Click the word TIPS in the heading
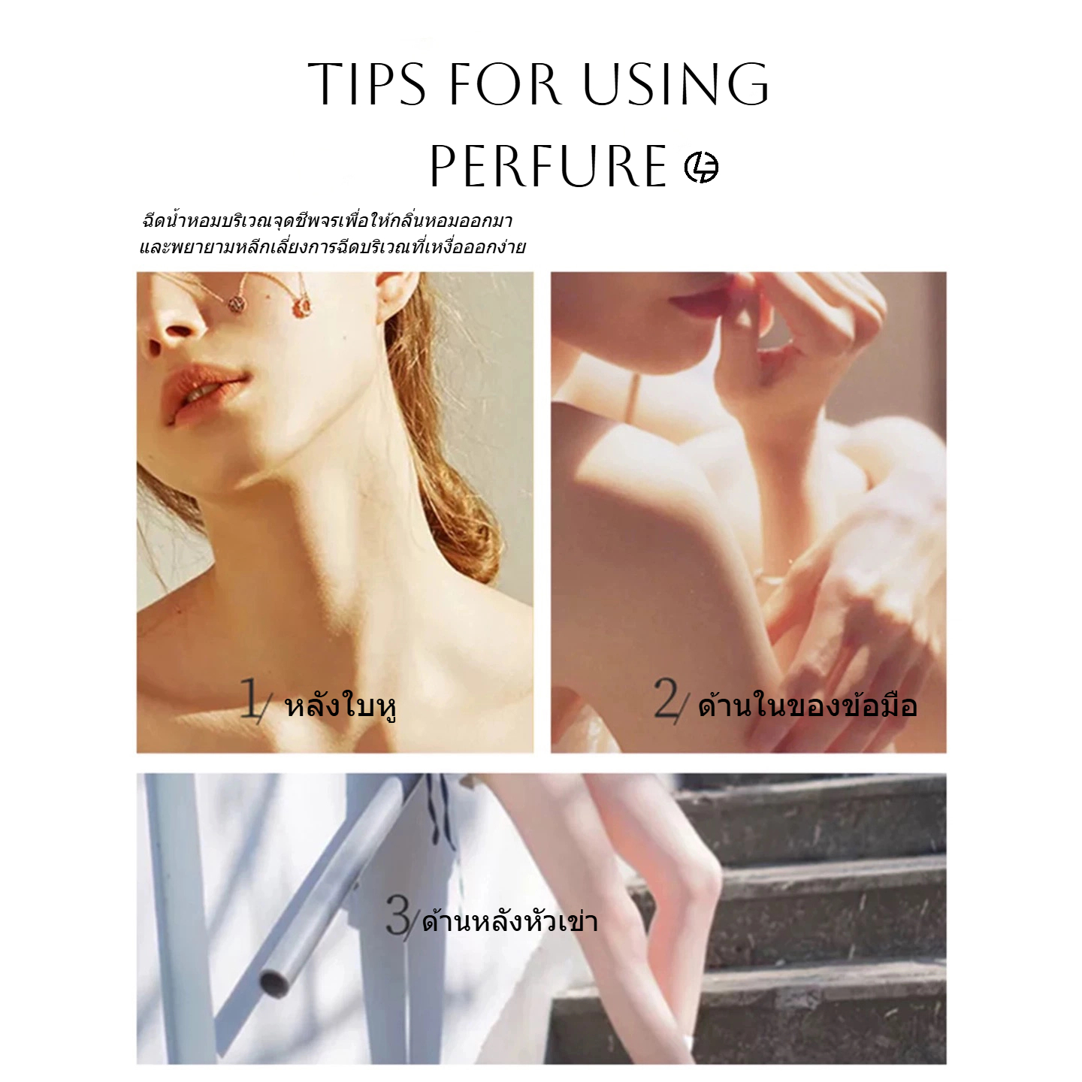[367, 83]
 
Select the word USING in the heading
[676, 83]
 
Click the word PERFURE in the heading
[549, 165]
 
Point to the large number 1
[250, 698]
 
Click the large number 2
[666, 698]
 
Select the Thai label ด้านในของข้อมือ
[808, 706]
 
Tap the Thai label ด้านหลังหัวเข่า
[509, 921]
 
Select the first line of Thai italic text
[327, 221]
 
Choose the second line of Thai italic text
[332, 247]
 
